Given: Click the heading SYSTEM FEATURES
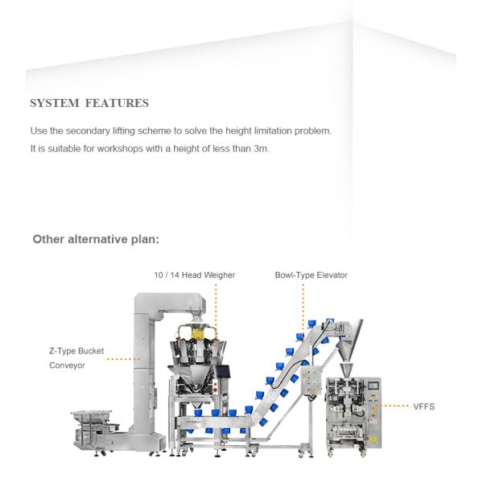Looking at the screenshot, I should pos(89,103).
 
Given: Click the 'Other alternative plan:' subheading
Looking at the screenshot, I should pos(96,239).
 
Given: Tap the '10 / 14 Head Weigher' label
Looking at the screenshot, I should pos(195,275).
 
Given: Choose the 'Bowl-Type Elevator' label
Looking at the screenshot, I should pos(311,275).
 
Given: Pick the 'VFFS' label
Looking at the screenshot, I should pos(423,407).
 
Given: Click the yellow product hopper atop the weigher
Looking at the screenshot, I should pos(198,332).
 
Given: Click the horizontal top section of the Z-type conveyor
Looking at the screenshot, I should pos(165,303).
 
